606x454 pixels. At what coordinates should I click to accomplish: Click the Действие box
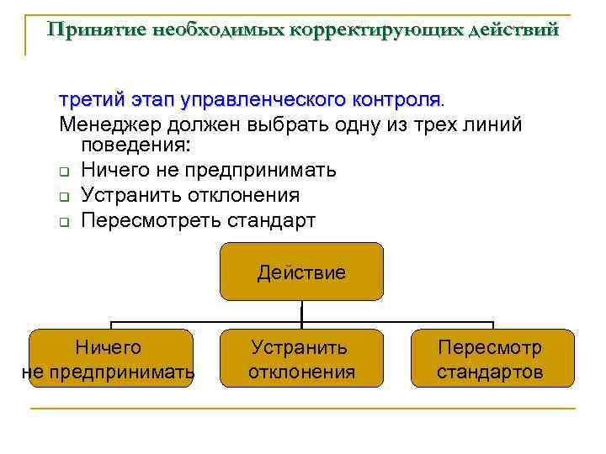[x=301, y=272]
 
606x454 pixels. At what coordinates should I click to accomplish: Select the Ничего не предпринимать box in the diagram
[x=111, y=358]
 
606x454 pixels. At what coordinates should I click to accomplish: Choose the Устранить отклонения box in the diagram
[x=301, y=358]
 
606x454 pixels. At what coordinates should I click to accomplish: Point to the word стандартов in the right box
[x=490, y=372]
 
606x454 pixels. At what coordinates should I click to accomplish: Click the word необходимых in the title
[x=221, y=30]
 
